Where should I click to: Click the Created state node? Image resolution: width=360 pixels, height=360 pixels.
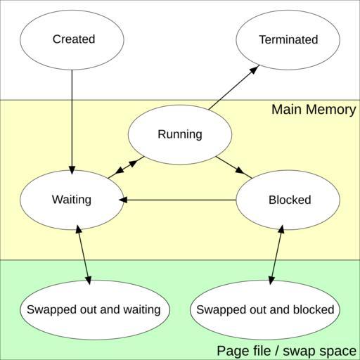pos(72,40)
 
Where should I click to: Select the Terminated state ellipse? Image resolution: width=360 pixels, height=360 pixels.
pos(288,40)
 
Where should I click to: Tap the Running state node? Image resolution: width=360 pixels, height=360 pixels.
pos(180,134)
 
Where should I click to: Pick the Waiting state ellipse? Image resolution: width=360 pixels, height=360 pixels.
pos(72,200)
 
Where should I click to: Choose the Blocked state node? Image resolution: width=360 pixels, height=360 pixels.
pos(288,200)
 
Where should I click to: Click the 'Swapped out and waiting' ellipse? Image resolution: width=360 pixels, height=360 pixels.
pos(94,309)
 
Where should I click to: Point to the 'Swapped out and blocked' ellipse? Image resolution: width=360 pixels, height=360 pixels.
pos(265,309)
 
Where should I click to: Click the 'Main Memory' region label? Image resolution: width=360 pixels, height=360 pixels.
pos(314,110)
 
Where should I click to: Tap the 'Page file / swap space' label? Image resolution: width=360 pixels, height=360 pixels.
pos(286,351)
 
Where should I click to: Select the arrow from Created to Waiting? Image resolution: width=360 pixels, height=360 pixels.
pos(72,122)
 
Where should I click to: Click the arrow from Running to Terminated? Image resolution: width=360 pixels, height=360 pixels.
pos(234,87)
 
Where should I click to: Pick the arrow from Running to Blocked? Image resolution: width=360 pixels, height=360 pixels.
pos(234,167)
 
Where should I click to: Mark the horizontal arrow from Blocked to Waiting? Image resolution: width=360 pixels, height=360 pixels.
pos(178,200)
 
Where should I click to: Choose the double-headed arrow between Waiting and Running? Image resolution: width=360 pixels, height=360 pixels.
pos(126,167)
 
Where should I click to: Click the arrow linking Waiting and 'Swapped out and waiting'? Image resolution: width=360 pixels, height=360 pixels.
pos(84,255)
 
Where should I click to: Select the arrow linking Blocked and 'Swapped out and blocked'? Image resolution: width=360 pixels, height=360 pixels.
pos(276,255)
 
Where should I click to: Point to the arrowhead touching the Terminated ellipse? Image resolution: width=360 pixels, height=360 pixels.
pos(255,69)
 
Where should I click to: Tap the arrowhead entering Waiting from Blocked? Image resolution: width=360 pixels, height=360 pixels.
pos(123,200)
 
